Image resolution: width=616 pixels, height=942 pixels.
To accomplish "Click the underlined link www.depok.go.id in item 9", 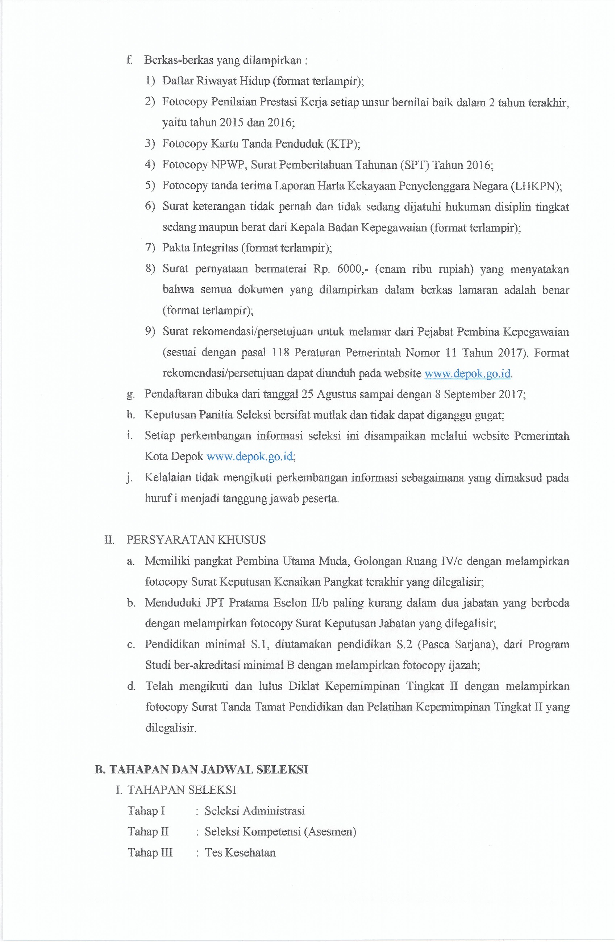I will click(467, 373).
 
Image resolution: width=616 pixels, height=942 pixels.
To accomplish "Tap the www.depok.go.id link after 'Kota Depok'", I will click(250, 457).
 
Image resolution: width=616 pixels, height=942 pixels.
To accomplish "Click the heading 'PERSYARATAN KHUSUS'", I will click(196, 540).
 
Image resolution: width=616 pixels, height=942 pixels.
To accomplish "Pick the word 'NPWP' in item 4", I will click(228, 164).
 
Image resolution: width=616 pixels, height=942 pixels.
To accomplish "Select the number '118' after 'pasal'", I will click(281, 352).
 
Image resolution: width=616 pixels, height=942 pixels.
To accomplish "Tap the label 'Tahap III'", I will click(150, 852).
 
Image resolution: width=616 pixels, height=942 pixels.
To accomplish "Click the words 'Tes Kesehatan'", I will click(240, 852).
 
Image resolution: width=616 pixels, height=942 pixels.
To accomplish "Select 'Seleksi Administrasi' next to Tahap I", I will click(255, 810).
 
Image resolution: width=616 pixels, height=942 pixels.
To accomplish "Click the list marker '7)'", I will click(150, 248).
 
